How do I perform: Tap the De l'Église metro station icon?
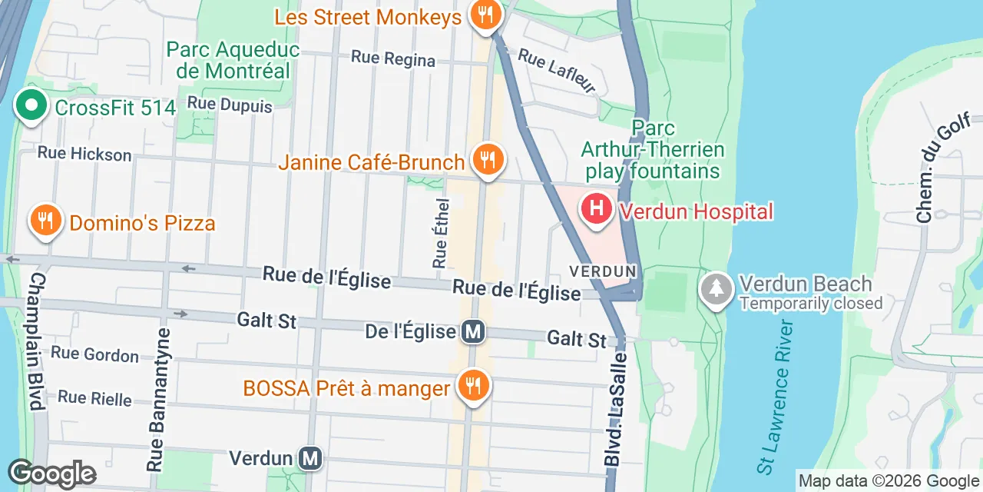473,332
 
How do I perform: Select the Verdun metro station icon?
310,459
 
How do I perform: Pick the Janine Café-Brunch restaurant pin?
486,160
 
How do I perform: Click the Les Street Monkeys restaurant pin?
485,15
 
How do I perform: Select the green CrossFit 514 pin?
30,105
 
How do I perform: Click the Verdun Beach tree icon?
716,289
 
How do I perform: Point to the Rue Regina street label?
393,58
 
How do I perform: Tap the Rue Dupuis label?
230,105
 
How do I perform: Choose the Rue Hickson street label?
84,154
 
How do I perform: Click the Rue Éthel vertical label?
440,231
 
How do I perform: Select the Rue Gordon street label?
94,355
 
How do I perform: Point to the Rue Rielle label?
94,398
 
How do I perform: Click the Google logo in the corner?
51,474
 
